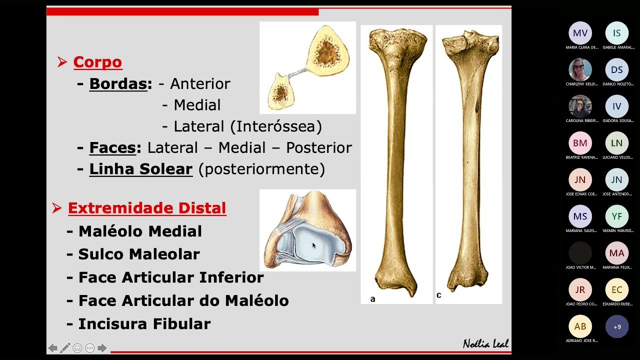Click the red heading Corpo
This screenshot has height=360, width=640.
(x=97, y=62)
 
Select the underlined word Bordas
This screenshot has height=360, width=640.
(x=118, y=83)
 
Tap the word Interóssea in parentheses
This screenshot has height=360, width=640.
(x=276, y=126)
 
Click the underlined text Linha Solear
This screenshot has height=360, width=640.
(x=140, y=169)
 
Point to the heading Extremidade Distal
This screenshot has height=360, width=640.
(x=147, y=208)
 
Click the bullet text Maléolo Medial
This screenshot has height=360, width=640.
(x=140, y=231)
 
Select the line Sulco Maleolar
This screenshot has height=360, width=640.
(x=139, y=254)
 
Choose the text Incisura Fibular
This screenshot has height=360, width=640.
(x=144, y=323)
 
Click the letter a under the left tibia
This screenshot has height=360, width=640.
(x=372, y=299)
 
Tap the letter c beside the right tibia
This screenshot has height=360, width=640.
(x=438, y=295)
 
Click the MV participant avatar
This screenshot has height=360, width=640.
(x=580, y=33)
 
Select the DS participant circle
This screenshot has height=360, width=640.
(x=616, y=70)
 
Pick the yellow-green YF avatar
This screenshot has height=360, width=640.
(x=616, y=216)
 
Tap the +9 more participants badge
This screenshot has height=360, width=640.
(x=617, y=327)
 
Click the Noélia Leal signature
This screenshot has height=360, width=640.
(x=485, y=343)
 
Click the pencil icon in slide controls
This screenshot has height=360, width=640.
(x=65, y=348)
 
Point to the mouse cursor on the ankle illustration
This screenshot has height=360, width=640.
(x=314, y=245)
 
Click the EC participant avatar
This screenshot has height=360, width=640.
(x=616, y=290)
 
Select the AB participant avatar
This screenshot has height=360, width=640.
(x=580, y=326)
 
